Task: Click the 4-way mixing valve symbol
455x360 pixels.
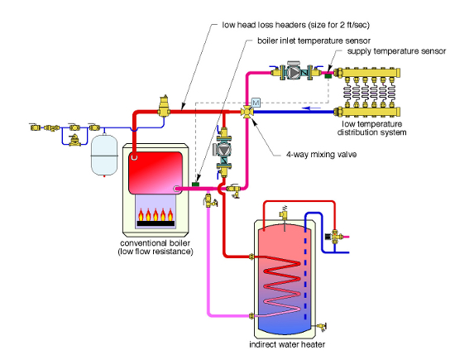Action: tap(247, 112)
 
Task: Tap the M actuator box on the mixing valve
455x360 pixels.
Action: tap(256, 103)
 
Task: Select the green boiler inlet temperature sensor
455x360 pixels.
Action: tap(196, 184)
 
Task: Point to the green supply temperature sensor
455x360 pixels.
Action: tap(328, 76)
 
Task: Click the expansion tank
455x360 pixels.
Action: tap(104, 155)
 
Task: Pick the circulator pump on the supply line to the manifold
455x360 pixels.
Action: tap(295, 71)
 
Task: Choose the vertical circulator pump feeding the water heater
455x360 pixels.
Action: tap(223, 151)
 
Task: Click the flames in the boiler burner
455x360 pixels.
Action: tap(156, 214)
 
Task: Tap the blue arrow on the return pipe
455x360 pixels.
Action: tap(311, 108)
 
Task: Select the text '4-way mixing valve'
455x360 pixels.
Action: tap(321, 154)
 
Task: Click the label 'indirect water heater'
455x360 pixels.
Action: tap(287, 344)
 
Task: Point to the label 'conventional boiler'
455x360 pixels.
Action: tap(156, 242)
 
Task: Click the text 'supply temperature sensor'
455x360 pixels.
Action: tap(396, 51)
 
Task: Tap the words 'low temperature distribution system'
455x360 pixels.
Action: tap(371, 128)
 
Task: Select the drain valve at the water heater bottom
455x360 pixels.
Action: tap(322, 327)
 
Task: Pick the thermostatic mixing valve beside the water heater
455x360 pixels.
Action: tap(334, 237)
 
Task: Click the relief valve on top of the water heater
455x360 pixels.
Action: tap(284, 212)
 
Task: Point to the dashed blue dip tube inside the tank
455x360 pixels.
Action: tap(305, 275)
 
